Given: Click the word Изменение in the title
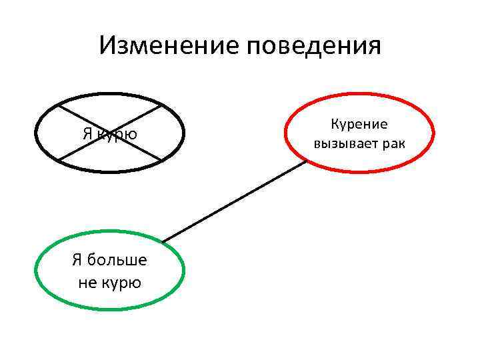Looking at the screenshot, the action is pyautogui.click(x=169, y=47).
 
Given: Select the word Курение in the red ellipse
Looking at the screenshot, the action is pyautogui.click(x=359, y=125).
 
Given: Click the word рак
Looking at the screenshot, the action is pyautogui.click(x=393, y=143).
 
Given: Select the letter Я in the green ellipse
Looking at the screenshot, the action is pyautogui.click(x=77, y=260).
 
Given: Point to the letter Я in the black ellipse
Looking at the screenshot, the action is pyautogui.click(x=87, y=133).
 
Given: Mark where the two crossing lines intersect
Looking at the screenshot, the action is pyautogui.click(x=109, y=132).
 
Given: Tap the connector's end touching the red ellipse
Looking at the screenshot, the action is pyautogui.click(x=305, y=163).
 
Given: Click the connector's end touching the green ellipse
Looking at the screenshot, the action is pyautogui.click(x=163, y=241).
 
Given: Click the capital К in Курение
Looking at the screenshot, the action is pyautogui.click(x=334, y=125).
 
